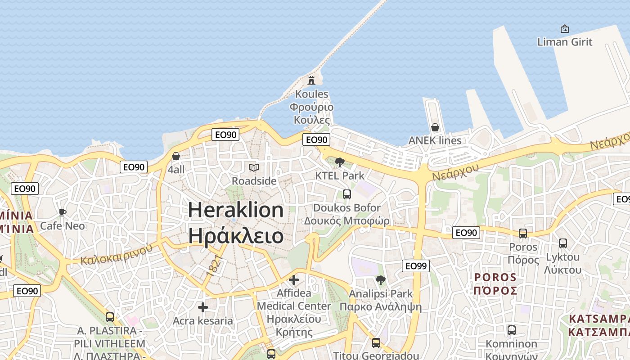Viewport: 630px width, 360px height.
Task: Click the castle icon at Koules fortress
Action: (311, 81)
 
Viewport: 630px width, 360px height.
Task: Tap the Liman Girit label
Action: (565, 42)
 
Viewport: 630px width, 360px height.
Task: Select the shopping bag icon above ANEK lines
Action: (435, 127)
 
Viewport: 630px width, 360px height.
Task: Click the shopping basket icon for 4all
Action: (176, 156)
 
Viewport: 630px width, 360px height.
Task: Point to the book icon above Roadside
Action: (254, 167)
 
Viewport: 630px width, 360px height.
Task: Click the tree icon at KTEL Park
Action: (340, 162)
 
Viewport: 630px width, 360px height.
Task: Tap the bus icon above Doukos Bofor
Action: (346, 194)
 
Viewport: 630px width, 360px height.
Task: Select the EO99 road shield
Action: (415, 266)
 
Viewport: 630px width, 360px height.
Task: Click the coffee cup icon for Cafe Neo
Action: (63, 212)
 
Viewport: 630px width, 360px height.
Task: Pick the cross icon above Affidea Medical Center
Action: (294, 280)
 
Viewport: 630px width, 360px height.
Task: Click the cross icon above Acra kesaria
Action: (203, 307)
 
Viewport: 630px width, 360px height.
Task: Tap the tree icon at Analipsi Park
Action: (380, 280)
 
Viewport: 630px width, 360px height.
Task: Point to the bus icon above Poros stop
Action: (523, 234)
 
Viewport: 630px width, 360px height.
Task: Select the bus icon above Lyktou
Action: (562, 243)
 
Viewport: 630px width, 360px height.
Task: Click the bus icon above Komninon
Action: (511, 330)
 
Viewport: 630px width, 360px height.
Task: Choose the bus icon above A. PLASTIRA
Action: (109, 317)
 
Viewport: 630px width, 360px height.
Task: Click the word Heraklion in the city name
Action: (236, 210)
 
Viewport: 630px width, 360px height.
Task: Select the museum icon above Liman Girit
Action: (565, 29)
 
